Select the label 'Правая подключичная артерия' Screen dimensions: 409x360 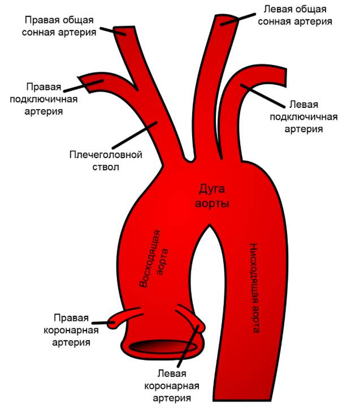(43, 99)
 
